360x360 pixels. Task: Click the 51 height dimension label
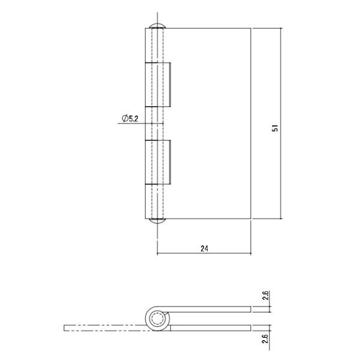(275, 128)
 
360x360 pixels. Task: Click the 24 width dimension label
(205, 248)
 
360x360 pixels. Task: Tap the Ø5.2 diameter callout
(130, 118)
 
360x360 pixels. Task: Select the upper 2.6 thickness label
(265, 295)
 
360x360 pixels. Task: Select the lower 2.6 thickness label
(265, 338)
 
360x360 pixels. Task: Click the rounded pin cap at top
(157, 26)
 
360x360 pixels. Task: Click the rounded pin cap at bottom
(157, 221)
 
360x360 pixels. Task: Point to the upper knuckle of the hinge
(158, 85)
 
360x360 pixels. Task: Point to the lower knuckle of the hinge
(158, 162)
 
